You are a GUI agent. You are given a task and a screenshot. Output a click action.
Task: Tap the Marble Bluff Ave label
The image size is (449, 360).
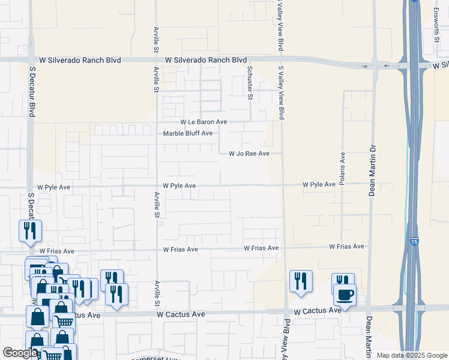188,133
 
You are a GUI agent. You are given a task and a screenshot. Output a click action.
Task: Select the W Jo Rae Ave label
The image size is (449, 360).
249,154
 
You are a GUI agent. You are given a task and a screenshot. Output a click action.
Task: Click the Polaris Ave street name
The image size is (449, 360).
342,168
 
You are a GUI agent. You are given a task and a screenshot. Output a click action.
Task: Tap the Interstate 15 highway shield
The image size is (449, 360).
414,241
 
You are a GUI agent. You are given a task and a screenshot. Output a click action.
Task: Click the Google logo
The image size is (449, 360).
20,353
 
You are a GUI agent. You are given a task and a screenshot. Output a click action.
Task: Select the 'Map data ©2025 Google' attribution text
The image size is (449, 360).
412,355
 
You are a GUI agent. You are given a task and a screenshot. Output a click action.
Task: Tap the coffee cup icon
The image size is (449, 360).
345,295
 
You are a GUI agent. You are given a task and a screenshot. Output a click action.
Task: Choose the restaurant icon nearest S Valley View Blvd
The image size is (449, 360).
301,281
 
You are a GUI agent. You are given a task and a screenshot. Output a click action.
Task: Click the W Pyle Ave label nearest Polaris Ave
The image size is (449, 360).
318,185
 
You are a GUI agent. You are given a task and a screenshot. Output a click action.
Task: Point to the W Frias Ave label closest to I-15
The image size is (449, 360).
346,247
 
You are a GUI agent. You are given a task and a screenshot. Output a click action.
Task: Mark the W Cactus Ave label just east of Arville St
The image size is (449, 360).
181,314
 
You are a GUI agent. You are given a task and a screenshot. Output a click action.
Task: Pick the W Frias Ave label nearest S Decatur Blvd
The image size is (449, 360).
57,251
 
